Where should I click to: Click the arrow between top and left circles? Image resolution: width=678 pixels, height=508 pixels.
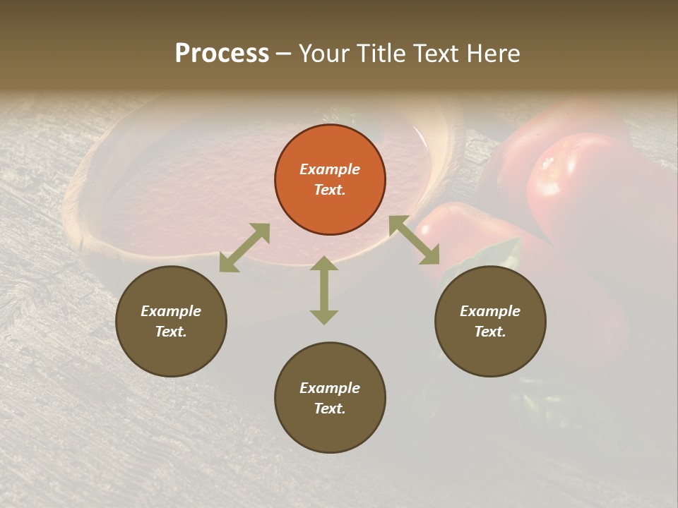244,248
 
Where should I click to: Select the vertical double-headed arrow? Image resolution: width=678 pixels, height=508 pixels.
324,290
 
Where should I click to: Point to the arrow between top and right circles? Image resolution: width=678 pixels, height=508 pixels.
415,240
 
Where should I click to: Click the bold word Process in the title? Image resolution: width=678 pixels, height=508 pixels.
222,53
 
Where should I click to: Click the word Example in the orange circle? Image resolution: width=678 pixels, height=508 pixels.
330,169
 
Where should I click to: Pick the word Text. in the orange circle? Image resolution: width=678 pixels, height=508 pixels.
330,190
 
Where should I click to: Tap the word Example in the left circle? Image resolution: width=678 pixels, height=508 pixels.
171,311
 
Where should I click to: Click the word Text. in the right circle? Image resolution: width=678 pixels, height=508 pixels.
490,332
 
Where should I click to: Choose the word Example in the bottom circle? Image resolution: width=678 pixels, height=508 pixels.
330,388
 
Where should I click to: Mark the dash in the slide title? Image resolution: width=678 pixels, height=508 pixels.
284,54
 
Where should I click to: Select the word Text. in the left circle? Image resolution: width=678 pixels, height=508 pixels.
171,332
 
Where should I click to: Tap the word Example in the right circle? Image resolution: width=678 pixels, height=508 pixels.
490,311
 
